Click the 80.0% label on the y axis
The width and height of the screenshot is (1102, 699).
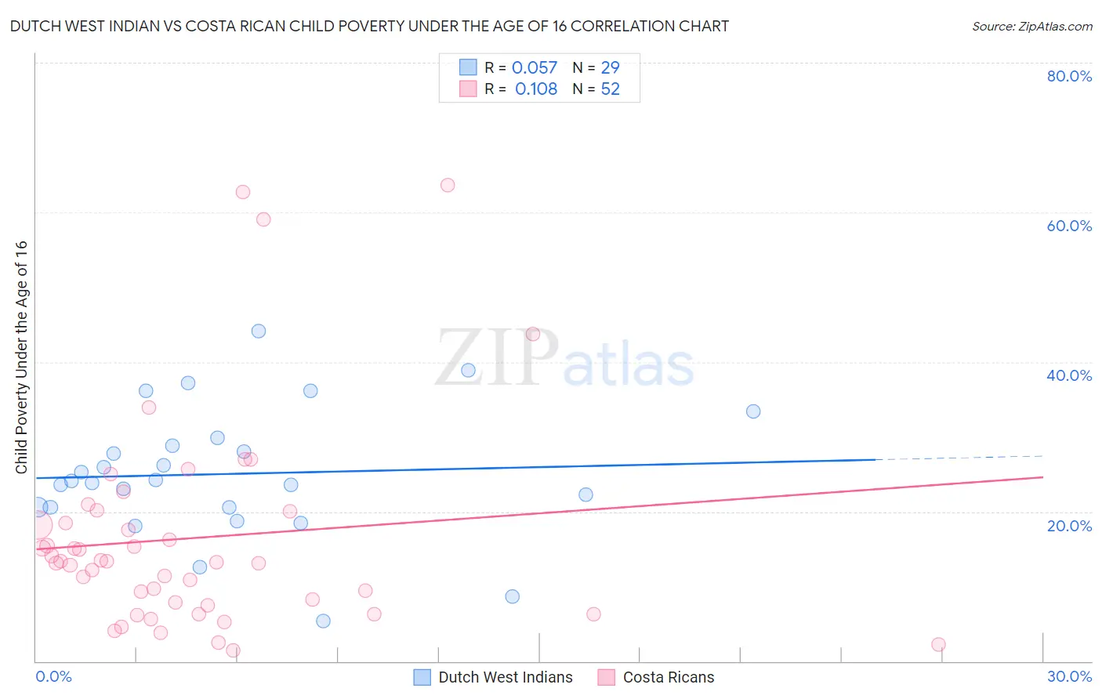tap(1069, 76)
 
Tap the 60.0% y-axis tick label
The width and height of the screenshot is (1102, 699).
tap(1069, 226)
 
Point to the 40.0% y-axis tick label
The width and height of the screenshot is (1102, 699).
tap(1069, 375)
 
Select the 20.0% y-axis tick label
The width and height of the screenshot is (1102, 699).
tap(1069, 526)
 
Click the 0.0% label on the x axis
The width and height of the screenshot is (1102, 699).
tap(53, 676)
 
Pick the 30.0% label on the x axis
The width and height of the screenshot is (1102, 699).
tap(1069, 676)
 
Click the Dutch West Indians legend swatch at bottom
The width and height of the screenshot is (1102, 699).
tap(422, 677)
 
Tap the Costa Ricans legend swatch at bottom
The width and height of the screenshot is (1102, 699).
tap(606, 677)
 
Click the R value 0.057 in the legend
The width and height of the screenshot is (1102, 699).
tap(535, 68)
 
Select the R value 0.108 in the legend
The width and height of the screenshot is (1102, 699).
tap(536, 89)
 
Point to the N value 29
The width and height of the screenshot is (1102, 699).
tap(610, 68)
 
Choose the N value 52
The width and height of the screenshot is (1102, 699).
tap(610, 89)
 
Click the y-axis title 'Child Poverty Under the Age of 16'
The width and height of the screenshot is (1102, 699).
tap(22, 357)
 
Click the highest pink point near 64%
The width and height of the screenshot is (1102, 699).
tap(448, 185)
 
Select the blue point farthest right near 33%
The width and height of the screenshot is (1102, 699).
tap(753, 411)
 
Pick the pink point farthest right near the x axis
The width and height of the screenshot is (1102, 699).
tap(938, 644)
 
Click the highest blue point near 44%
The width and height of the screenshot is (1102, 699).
tap(259, 331)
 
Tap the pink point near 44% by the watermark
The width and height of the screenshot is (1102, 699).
tap(533, 334)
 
